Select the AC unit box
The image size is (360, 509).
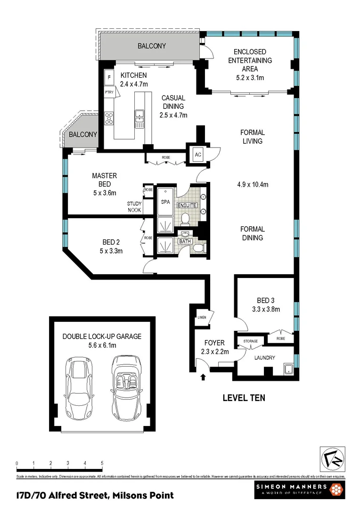198,155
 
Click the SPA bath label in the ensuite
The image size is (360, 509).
165,201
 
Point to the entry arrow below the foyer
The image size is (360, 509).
204,377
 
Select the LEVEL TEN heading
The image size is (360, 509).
244,398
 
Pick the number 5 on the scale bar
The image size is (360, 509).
102,463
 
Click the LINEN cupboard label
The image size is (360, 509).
202,318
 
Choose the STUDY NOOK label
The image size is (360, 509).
134,207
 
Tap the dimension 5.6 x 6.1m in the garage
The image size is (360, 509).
102,345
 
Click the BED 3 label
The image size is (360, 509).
266,301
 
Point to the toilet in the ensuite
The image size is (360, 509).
186,219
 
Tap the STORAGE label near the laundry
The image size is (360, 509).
251,341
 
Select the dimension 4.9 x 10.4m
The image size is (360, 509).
252,184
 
